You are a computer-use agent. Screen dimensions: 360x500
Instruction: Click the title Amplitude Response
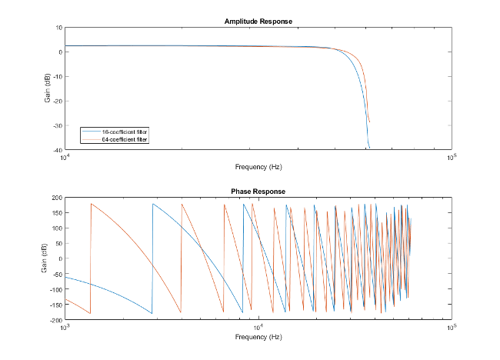258,21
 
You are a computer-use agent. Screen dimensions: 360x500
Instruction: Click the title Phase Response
258,191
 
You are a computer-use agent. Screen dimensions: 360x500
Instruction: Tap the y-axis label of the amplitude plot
48,88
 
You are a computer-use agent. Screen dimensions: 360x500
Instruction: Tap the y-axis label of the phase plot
48,258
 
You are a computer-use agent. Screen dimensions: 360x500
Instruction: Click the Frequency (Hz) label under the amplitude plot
258,166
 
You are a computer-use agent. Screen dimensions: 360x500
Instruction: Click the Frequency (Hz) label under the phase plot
258,337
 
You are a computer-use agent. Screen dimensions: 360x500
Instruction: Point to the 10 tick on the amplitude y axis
58,28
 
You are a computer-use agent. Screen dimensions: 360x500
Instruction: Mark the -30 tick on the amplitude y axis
56,125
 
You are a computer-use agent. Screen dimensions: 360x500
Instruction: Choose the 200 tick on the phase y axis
56,198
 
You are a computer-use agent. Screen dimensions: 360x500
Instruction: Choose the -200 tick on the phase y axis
55,319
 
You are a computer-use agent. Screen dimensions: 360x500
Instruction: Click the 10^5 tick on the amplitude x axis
451,157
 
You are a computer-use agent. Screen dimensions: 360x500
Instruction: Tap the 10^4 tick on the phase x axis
258,327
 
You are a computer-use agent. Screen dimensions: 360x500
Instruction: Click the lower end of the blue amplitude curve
369,147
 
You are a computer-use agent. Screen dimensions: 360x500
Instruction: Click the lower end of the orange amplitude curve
370,122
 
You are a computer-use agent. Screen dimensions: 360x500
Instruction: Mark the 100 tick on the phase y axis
56,228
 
